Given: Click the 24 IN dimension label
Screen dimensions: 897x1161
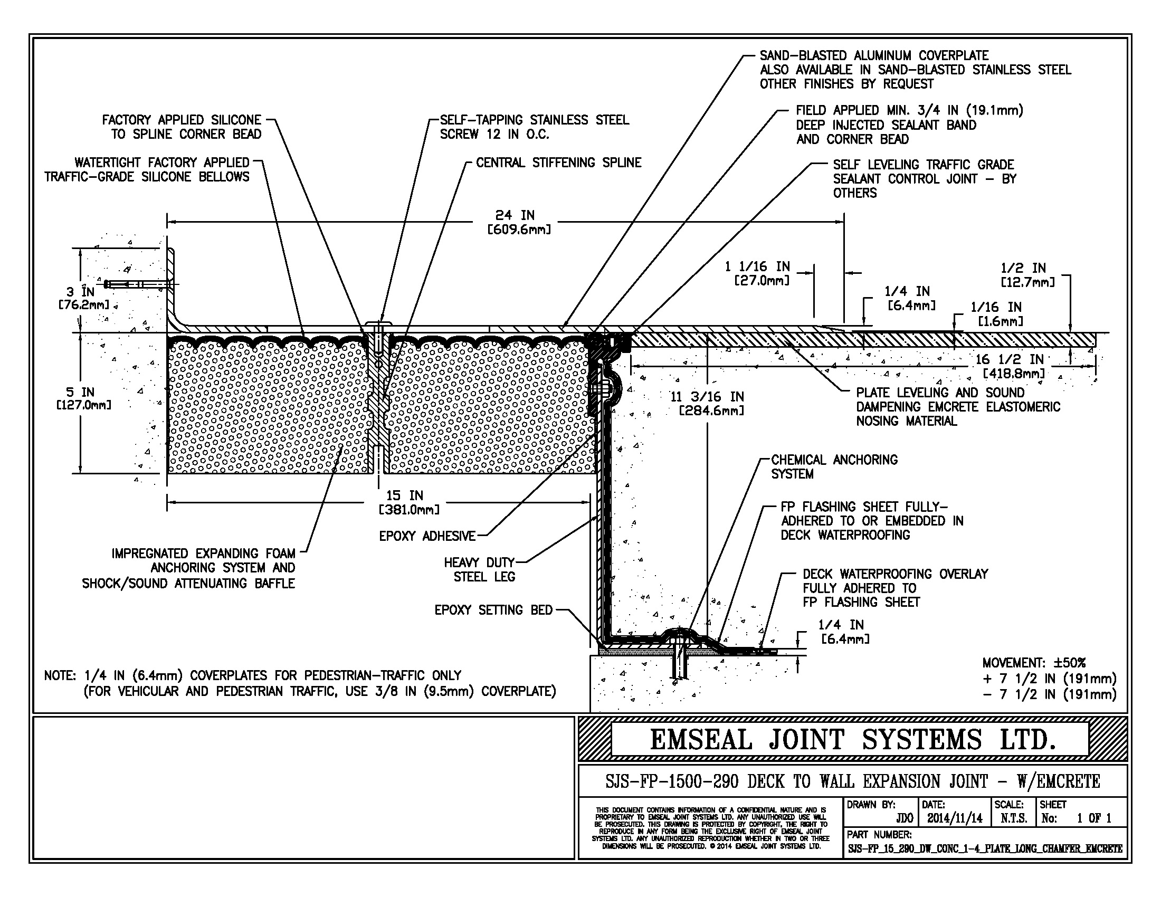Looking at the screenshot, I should tap(515, 215).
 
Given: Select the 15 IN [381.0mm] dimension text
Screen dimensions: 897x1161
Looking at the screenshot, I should tap(408, 503).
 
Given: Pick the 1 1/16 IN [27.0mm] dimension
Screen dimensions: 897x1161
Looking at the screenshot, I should tap(756, 273).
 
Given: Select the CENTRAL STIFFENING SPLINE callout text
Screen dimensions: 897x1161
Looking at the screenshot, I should tap(558, 163).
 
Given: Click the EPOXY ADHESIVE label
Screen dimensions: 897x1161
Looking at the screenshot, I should tap(427, 536).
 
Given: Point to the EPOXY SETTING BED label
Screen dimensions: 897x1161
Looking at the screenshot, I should tap(493, 610).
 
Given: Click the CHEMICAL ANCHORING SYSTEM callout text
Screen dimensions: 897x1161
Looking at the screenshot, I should tap(833, 466).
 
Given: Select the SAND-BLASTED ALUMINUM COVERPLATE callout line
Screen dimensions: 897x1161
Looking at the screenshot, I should tap(874, 55).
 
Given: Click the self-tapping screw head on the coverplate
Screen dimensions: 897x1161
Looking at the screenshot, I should tap(378, 324).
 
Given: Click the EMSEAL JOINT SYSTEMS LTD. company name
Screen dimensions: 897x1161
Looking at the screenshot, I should tap(852, 740).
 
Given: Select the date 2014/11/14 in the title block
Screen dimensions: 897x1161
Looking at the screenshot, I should tap(955, 818).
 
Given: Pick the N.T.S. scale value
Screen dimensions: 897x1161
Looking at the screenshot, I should tap(1013, 818).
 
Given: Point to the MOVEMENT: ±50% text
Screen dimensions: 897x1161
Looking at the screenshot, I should tap(1033, 663).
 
